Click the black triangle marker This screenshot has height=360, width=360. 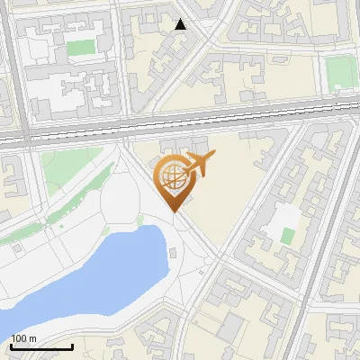[181, 24]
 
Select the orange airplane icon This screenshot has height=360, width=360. [200, 165]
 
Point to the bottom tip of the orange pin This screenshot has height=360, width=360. [174, 211]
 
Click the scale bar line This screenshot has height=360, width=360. [41, 346]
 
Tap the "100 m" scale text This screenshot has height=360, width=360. [24, 338]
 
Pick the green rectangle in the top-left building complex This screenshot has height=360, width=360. [81, 47]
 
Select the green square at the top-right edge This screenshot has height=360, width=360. [341, 71]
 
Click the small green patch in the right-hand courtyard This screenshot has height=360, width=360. [287, 236]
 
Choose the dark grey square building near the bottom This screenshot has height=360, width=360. [231, 323]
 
